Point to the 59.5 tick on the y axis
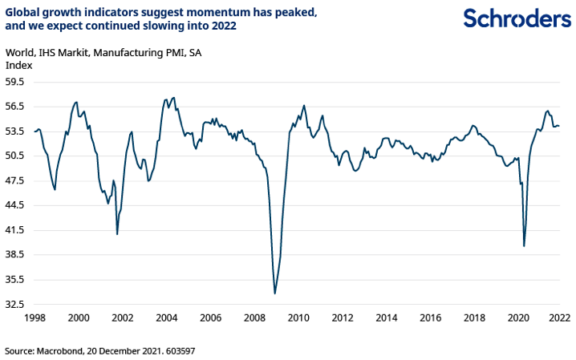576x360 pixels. [x=16, y=82]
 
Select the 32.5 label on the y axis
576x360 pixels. [x=16, y=305]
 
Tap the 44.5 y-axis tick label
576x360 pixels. [x=16, y=205]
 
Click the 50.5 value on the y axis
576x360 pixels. [x=16, y=156]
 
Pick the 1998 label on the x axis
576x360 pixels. [x=34, y=318]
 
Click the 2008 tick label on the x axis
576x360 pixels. [x=254, y=318]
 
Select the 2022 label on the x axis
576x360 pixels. [x=559, y=318]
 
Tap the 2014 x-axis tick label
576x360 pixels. [x=387, y=318]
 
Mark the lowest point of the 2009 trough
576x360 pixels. [x=274, y=293]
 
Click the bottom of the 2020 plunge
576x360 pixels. [x=524, y=245]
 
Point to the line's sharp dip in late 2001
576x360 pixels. [x=117, y=233]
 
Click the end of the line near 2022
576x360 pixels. [x=559, y=126]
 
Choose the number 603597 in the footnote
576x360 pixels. [x=178, y=350]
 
